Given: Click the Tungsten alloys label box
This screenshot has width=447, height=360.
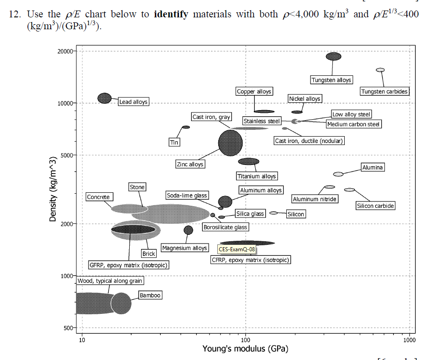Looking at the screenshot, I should pyautogui.click(x=331, y=80).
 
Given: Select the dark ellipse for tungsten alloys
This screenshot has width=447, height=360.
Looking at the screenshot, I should pyautogui.click(x=333, y=56).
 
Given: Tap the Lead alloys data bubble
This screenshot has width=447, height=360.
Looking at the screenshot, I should pyautogui.click(x=105, y=98).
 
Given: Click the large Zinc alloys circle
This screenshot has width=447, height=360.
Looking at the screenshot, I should pyautogui.click(x=230, y=143).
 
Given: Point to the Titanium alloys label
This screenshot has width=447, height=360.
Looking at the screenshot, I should pyautogui.click(x=257, y=176).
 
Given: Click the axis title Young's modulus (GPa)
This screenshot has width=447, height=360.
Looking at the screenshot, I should pyautogui.click(x=245, y=349).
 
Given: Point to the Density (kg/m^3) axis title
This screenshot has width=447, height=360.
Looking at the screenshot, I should pyautogui.click(x=53, y=189).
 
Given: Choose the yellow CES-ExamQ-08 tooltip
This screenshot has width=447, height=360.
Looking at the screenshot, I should pyautogui.click(x=237, y=249).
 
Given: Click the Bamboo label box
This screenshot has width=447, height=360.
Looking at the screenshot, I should pyautogui.click(x=150, y=296).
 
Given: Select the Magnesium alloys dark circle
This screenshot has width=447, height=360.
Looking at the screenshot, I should pyautogui.click(x=188, y=230).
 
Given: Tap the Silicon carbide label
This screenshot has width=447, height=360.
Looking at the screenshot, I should pyautogui.click(x=375, y=206).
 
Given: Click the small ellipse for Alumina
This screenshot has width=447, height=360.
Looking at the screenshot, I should pyautogui.click(x=338, y=174).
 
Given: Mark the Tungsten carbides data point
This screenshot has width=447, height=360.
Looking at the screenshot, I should pyautogui.click(x=380, y=70).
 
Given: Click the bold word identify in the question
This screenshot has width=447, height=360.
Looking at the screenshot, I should pyautogui.click(x=171, y=14).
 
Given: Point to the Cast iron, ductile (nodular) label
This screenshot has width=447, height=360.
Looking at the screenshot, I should pyautogui.click(x=309, y=141).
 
